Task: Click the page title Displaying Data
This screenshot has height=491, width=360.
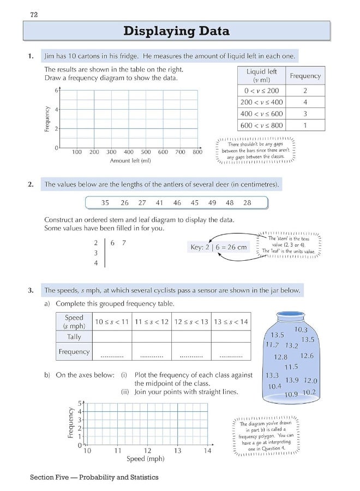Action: pyautogui.click(x=176, y=31)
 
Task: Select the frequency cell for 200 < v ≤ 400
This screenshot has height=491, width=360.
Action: pyautogui.click(x=305, y=102)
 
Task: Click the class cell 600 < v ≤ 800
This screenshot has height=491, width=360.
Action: pyautogui.click(x=262, y=125)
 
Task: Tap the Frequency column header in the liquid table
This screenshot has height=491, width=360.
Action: pyautogui.click(x=305, y=76)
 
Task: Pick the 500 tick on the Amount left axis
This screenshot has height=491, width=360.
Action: pyautogui.click(x=146, y=152)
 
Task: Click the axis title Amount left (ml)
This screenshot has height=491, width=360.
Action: pyautogui.click(x=130, y=161)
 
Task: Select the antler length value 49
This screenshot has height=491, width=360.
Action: pyautogui.click(x=212, y=203)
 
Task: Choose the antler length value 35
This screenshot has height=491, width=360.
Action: pyautogui.click(x=105, y=203)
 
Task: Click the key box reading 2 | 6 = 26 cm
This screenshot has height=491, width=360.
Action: pyautogui.click(x=218, y=247)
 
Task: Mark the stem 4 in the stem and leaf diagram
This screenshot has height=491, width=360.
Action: pyautogui.click(x=96, y=263)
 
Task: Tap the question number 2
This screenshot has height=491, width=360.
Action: pyautogui.click(x=31, y=184)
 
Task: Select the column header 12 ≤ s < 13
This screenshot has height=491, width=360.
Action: pyautogui.click(x=191, y=322)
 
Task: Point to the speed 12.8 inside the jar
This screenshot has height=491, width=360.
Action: pyautogui.click(x=280, y=357)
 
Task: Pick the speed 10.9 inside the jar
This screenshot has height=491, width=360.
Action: pyautogui.click(x=291, y=394)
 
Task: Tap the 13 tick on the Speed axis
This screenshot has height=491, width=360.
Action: pyautogui.click(x=178, y=451)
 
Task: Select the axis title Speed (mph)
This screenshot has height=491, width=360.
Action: pyautogui.click(x=145, y=459)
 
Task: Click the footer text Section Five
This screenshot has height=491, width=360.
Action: pyautogui.click(x=53, y=477)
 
